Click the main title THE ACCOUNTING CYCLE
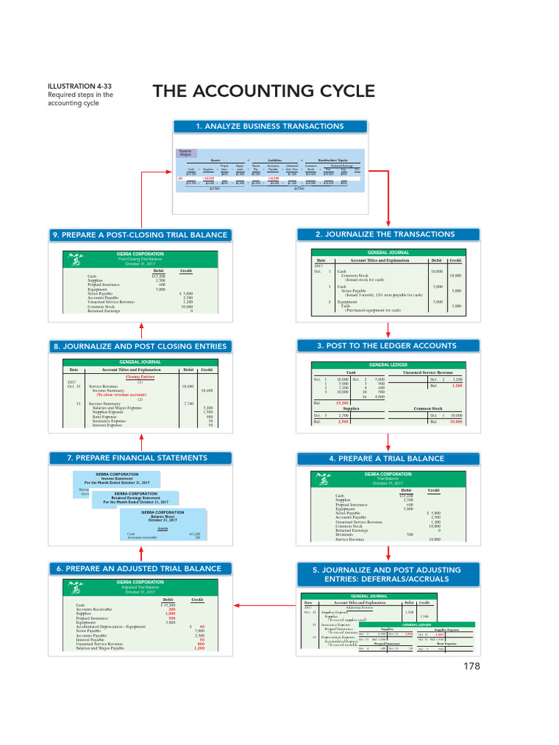263,92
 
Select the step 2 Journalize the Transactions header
389,234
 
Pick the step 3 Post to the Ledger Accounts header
389,345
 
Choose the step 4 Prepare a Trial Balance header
389,458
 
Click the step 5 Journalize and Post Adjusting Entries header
389,574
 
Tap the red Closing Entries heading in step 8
140,377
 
